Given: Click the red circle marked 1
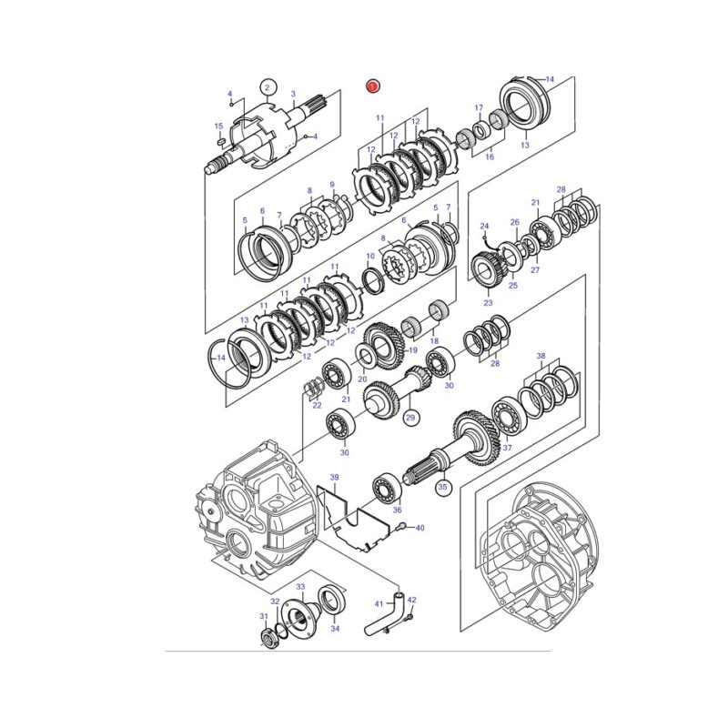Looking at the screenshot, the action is coord(373,86).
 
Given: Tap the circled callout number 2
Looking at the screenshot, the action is coord(268,87).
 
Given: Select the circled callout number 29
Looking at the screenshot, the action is coord(410,418).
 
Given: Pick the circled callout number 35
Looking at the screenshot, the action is coord(443,488).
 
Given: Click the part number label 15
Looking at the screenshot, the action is coord(218,126).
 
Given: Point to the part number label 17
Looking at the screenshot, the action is coord(479,108).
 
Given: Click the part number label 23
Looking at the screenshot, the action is coord(488,303).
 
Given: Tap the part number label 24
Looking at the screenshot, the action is coord(484,226).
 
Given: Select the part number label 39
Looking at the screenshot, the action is coord(334,477).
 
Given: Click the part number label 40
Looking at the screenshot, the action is coord(420,528).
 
